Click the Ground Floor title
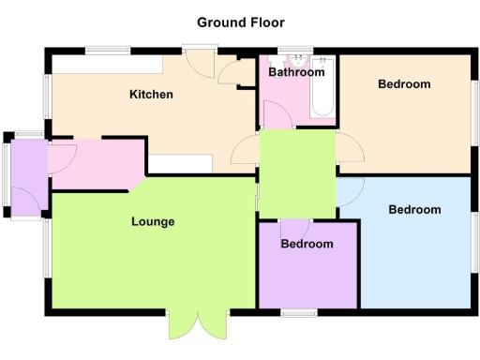point(240,22)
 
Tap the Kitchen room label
point(151,94)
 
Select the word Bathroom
point(295,72)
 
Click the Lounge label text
point(152,222)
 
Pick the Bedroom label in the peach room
point(404,84)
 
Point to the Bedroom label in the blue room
point(413,210)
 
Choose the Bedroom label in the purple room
point(307,245)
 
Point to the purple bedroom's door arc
point(296,227)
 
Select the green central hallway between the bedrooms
point(296,173)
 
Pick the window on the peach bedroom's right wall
point(474,112)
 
